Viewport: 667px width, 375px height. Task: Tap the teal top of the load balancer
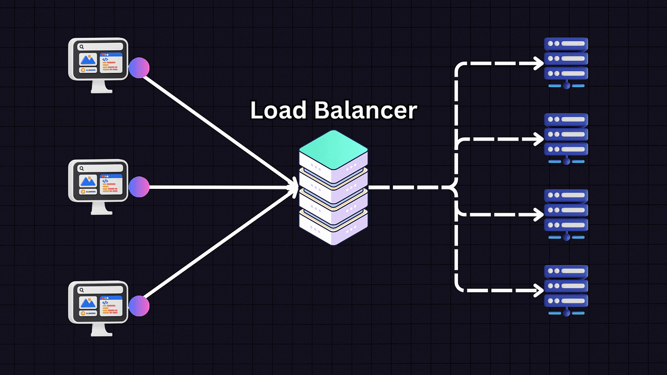333,148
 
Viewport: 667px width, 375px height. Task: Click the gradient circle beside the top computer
139,67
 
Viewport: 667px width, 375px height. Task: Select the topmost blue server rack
566,59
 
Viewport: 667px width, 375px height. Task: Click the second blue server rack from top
566,135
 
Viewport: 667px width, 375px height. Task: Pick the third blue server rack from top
566,211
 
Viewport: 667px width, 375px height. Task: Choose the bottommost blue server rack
566,287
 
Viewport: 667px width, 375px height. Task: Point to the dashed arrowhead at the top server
539,63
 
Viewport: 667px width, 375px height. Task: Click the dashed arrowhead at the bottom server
539,289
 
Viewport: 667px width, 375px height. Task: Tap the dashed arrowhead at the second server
539,139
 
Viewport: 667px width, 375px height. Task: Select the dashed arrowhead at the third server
539,214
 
